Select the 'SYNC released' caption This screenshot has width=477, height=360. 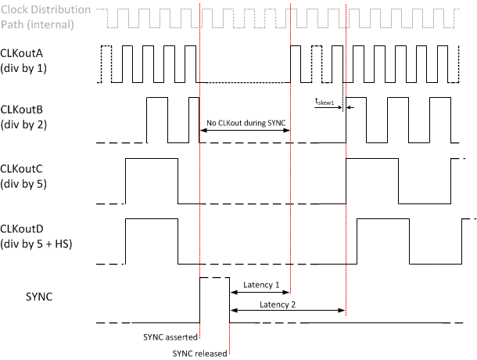[x=199, y=354]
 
